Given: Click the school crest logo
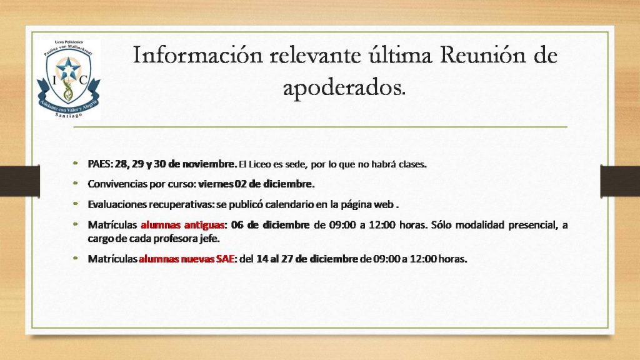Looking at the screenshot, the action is tap(68, 79).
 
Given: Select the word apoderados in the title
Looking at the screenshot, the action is tap(344, 87).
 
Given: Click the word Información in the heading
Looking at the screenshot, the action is tap(198, 55).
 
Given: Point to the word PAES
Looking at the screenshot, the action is tap(100, 164).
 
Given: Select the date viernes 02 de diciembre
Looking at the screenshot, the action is tap(256, 184).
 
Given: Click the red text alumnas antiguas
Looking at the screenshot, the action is tap(182, 225).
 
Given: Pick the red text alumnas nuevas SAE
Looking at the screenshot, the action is tap(187, 259).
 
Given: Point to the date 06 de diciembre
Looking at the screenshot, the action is tap(270, 225).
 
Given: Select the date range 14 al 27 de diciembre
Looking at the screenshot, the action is tap(307, 259).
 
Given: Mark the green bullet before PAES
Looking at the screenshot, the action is tap(76, 163).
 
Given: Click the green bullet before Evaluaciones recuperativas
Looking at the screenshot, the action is tap(76, 203).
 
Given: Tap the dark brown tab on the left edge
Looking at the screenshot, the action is tap(20, 181).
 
